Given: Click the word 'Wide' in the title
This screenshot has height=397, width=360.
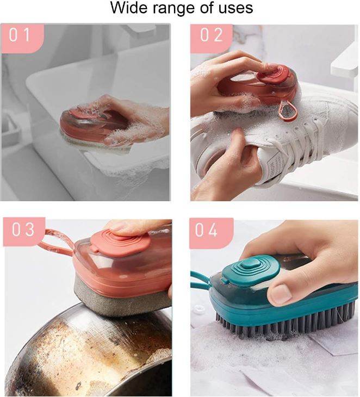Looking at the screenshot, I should coord(128,9).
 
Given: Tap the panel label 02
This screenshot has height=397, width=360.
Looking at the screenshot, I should coord(212,35).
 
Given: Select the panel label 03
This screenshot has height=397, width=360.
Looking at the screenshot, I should coord(23,230).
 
